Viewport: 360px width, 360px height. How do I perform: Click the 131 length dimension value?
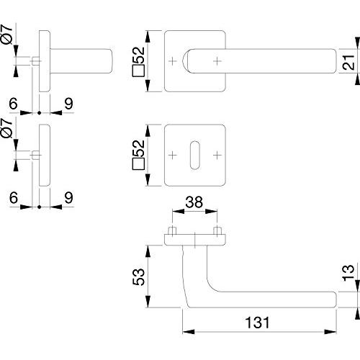(x=257, y=323)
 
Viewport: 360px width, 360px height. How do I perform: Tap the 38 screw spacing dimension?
(x=194, y=202)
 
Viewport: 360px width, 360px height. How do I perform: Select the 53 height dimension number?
(x=139, y=276)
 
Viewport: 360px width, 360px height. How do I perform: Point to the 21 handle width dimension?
(x=348, y=63)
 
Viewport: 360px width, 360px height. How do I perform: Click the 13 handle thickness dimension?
(x=348, y=273)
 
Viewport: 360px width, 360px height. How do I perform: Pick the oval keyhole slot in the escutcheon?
(x=194, y=156)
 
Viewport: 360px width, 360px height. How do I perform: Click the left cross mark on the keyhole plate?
(x=172, y=156)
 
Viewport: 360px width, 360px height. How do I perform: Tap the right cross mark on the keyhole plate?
(x=217, y=156)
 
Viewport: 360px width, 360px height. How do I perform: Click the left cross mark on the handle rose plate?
(x=172, y=61)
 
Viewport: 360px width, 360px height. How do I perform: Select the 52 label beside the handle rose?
(x=139, y=61)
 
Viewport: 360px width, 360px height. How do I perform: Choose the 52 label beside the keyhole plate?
(x=139, y=155)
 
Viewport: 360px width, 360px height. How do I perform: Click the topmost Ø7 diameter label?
(x=6, y=35)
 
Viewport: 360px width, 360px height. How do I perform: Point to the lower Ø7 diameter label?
(x=6, y=128)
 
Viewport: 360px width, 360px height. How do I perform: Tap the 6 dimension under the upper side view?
(x=14, y=104)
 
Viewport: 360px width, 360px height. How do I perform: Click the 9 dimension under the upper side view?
(x=68, y=104)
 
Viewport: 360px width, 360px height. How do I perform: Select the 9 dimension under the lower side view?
(x=68, y=197)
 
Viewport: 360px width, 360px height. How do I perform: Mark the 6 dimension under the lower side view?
(x=14, y=197)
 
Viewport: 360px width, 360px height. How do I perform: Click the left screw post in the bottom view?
(x=172, y=230)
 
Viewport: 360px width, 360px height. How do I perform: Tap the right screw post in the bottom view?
(x=217, y=230)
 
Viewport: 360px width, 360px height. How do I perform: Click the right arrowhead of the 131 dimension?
(x=330, y=332)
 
